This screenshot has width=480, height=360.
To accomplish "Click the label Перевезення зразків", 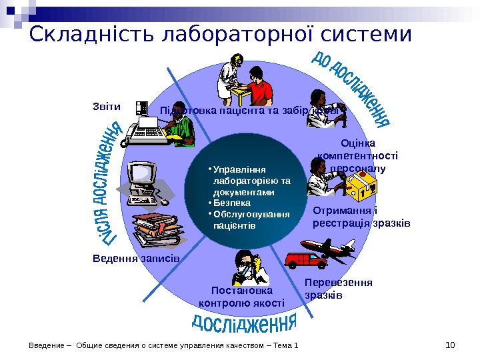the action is pyautogui.click(x=338, y=288).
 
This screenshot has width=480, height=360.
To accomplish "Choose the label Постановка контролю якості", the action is pyautogui.click(x=241, y=297).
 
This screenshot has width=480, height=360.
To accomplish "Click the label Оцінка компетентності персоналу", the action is pyautogui.click(x=358, y=155).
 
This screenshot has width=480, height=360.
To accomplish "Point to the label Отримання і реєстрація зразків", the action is pyautogui.click(x=361, y=217).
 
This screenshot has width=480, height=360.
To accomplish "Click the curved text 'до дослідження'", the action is pyautogui.click(x=351, y=87).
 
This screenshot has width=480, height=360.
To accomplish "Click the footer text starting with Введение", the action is pyautogui.click(x=164, y=345).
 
